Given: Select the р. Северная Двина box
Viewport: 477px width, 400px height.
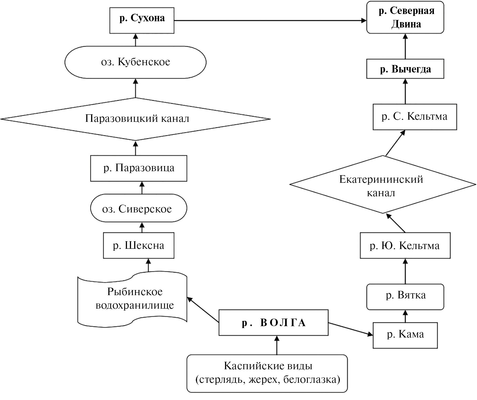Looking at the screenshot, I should click(x=405, y=18).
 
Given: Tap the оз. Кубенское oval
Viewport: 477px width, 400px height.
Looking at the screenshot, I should click(x=136, y=62).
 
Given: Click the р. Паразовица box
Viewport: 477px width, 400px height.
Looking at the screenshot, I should click(x=139, y=168).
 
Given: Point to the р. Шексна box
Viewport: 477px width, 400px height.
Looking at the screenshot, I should click(x=139, y=246).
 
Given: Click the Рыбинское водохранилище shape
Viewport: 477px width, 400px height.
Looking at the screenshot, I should click(x=133, y=299).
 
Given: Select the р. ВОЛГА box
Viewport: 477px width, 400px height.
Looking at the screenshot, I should click(x=273, y=323).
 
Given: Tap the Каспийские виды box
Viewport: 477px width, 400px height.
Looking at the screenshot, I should click(x=267, y=373).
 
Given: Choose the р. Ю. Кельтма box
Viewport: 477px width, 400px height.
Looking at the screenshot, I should click(x=405, y=246).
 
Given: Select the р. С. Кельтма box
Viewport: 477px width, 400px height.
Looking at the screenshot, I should click(x=415, y=117).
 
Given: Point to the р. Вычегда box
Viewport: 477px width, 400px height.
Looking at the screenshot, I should click(x=405, y=70).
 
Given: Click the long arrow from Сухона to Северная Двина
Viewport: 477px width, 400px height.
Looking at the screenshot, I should click(x=269, y=20).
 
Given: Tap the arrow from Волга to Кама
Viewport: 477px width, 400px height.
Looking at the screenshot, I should click(x=350, y=329).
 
